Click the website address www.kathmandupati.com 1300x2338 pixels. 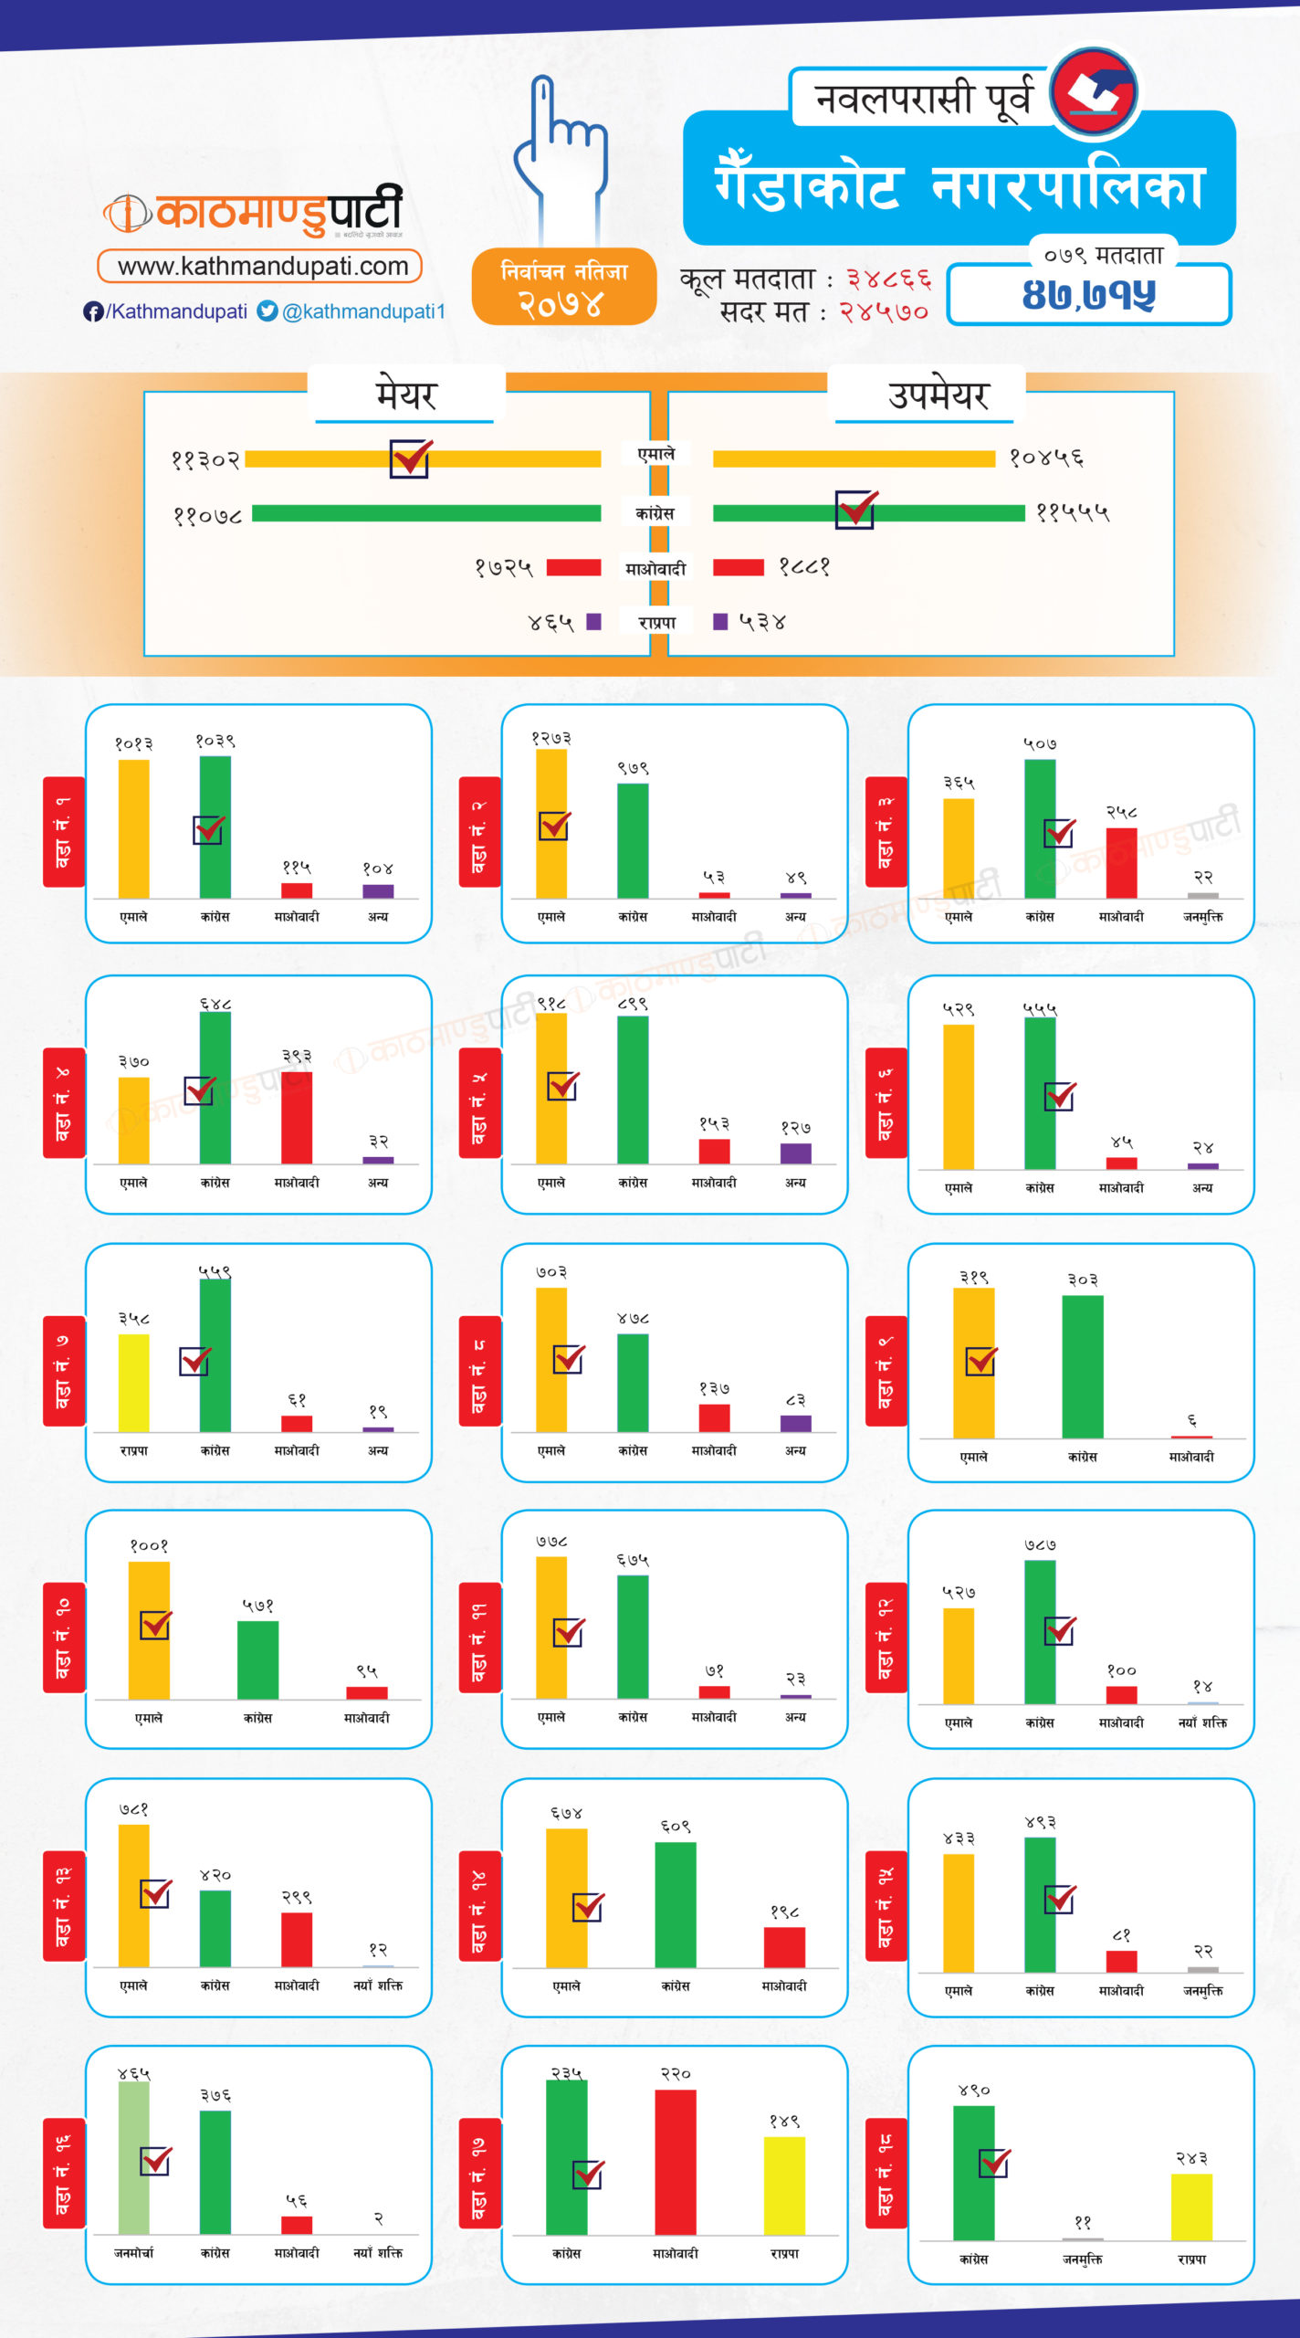coord(262,267)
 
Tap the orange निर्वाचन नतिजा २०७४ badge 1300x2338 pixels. coord(563,287)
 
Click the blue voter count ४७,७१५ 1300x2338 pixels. coord(1088,294)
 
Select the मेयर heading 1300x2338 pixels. coord(406,395)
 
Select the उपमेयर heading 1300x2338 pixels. coord(938,395)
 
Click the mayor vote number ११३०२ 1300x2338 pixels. coord(205,459)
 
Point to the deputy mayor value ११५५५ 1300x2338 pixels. coord(1073,513)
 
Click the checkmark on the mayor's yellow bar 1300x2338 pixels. coord(410,458)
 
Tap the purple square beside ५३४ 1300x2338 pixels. coord(720,622)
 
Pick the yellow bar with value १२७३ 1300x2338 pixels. coord(551,823)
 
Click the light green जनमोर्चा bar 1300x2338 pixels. coord(133,2157)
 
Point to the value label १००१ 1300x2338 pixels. coord(149,1545)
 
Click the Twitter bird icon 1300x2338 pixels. coord(267,311)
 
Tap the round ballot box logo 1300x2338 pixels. coord(1094,92)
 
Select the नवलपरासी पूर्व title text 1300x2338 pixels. coord(922,98)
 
